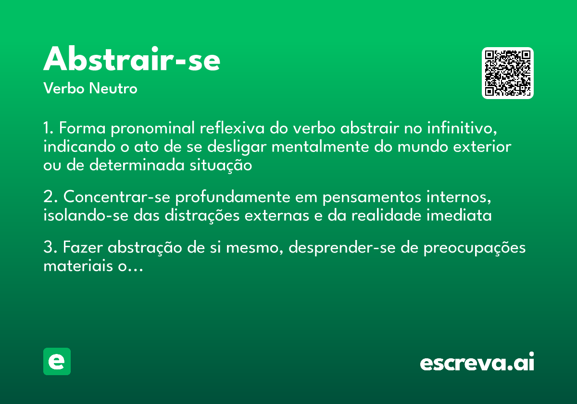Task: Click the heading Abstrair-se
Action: (x=132, y=60)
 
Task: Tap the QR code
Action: (x=508, y=73)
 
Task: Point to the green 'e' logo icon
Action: (x=57, y=361)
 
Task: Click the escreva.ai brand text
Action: (x=477, y=363)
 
